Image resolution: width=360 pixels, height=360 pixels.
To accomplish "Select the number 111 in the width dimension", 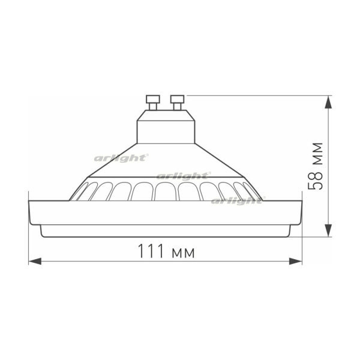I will [x=151, y=252].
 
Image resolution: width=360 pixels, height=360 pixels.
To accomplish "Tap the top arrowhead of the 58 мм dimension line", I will [x=329, y=101].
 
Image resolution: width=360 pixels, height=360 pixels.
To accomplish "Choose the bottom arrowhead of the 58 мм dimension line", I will [x=329, y=231].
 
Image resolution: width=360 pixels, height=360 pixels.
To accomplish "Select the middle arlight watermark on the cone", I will [x=184, y=176].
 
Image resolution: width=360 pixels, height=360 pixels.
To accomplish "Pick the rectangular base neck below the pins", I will [x=165, y=126].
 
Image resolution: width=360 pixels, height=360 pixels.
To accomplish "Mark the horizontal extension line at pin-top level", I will [x=258, y=95].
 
